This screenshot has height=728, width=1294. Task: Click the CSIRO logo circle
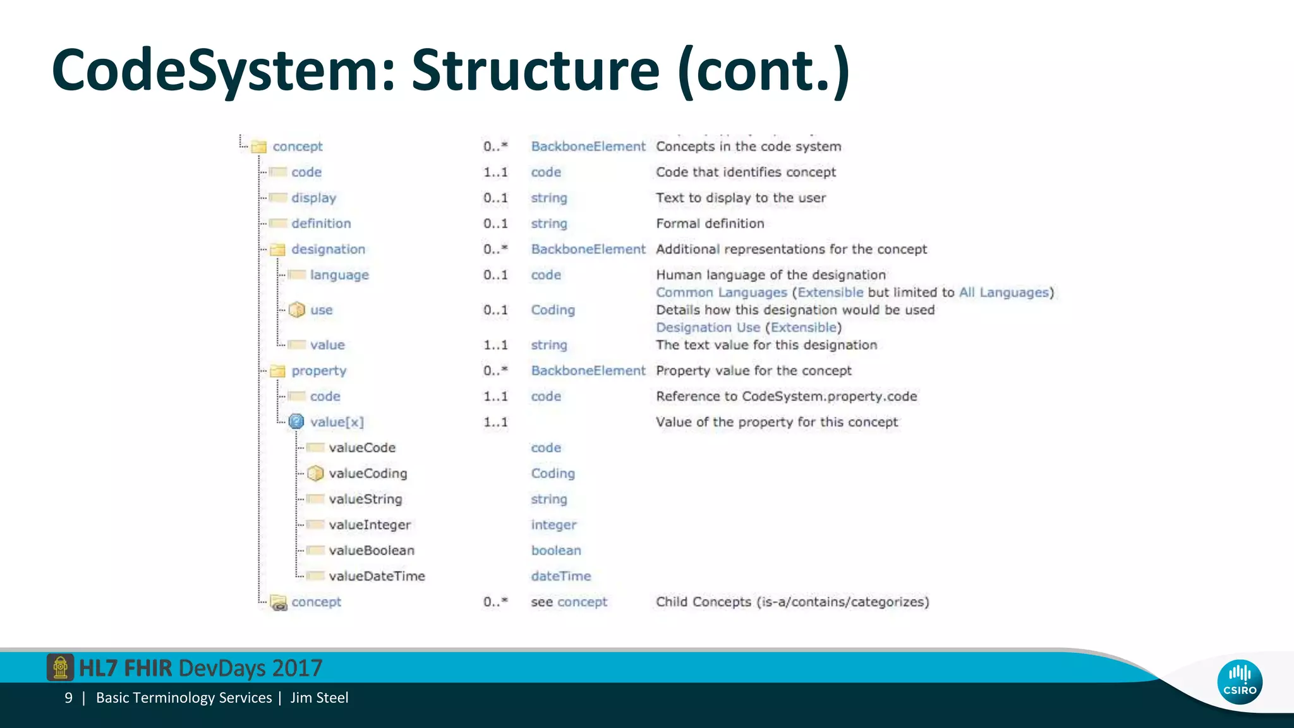pyautogui.click(x=1240, y=682)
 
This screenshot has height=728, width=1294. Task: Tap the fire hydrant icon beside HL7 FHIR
pyautogui.click(x=60, y=667)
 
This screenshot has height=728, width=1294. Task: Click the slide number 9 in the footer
pyautogui.click(x=68, y=698)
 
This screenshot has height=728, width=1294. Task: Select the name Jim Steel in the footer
pyautogui.click(x=319, y=698)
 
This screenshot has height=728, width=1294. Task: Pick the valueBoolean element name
pyautogui.click(x=372, y=550)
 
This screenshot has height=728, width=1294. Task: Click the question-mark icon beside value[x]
pyautogui.click(x=296, y=422)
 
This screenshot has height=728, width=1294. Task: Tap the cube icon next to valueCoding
pyautogui.click(x=315, y=473)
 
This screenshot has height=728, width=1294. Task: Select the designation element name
pyautogui.click(x=328, y=249)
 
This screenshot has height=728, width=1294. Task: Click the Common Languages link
pyautogui.click(x=721, y=293)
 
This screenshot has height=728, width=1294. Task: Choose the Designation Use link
pyautogui.click(x=708, y=327)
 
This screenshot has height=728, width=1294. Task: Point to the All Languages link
pyautogui.click(x=1003, y=293)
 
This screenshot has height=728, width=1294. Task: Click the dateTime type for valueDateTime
pyautogui.click(x=560, y=576)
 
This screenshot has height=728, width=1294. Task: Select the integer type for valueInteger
pyautogui.click(x=553, y=525)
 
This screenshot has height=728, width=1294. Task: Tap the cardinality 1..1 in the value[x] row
pyautogui.click(x=495, y=422)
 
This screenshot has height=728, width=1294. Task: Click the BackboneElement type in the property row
pyautogui.click(x=588, y=370)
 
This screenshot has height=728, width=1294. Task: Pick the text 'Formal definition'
pyautogui.click(x=710, y=224)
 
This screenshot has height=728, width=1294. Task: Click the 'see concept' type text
pyautogui.click(x=569, y=602)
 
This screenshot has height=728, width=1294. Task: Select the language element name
pyautogui.click(x=339, y=275)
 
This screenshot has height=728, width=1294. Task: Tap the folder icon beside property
pyautogui.click(x=277, y=371)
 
